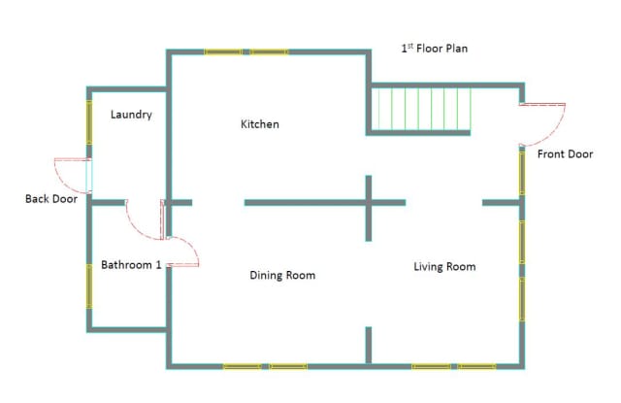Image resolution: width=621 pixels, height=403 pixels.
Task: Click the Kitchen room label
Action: point(260,124)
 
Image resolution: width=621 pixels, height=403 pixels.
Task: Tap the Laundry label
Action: point(131,115)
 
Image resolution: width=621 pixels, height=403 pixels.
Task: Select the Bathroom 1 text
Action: point(131,265)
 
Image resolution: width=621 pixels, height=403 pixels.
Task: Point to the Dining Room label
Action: point(282,275)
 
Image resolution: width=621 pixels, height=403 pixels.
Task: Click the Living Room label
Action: point(444,267)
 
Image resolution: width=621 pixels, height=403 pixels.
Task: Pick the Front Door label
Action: point(565,154)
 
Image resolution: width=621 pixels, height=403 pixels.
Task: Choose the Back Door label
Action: point(51,199)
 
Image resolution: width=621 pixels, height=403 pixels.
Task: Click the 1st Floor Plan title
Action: point(435,49)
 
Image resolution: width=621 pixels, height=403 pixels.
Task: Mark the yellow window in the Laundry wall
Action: point(89,122)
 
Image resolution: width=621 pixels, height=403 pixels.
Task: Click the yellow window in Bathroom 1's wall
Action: point(89,286)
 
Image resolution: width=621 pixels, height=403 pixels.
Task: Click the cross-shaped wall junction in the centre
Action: point(369,203)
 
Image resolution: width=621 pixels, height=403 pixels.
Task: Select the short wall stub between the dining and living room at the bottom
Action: point(369,345)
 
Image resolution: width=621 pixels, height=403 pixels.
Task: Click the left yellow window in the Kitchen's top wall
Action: point(223,51)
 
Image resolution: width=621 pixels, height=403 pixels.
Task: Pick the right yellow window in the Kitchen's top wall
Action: point(270,51)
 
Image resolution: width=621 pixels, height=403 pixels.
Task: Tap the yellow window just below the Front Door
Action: point(522,173)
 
